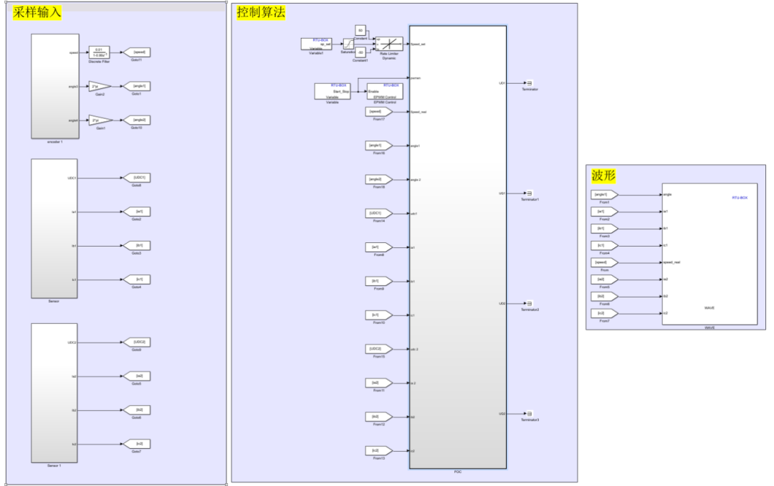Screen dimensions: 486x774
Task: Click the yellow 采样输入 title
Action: click(x=37, y=12)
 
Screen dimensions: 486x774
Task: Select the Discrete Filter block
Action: click(x=98, y=52)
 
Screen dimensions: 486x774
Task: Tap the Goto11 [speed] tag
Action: click(x=136, y=52)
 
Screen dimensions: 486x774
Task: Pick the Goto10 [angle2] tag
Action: click(x=136, y=120)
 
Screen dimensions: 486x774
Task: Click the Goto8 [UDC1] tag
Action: click(x=136, y=178)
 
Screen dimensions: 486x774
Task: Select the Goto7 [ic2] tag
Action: click(x=136, y=444)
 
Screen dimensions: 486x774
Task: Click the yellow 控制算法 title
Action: click(x=261, y=12)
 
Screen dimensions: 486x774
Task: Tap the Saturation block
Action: click(x=348, y=44)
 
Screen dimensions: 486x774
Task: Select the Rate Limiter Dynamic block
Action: click(x=389, y=44)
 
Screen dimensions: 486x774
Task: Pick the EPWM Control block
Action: click(x=385, y=90)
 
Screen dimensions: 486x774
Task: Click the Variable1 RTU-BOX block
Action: click(x=316, y=44)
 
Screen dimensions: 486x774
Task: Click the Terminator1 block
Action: click(x=529, y=193)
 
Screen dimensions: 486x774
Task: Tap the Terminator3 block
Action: click(x=529, y=414)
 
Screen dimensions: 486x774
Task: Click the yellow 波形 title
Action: click(x=603, y=176)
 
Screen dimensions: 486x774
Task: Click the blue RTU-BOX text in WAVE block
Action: click(x=739, y=197)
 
